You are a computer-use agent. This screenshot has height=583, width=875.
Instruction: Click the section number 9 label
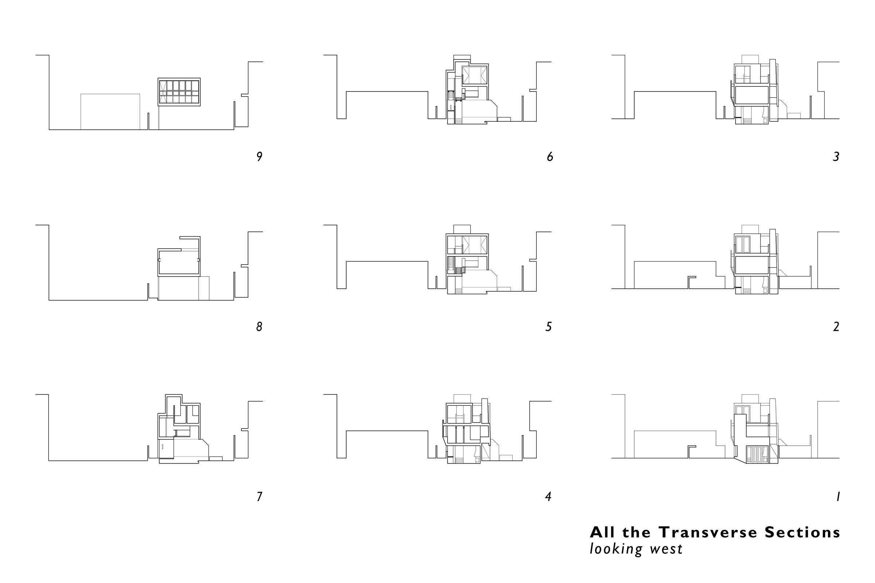tap(259, 157)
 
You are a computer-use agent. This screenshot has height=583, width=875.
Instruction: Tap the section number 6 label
tap(550, 157)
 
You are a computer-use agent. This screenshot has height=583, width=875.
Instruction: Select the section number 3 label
tap(836, 157)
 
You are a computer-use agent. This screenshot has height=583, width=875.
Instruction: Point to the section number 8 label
tap(259, 326)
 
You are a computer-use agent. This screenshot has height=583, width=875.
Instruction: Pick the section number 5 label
tap(548, 326)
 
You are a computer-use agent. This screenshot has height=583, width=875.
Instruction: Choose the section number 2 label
tap(836, 326)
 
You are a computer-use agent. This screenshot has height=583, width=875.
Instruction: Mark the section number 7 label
tap(259, 496)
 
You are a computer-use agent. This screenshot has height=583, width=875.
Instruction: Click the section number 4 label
tap(548, 496)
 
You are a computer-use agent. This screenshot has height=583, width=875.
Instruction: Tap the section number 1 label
tap(838, 496)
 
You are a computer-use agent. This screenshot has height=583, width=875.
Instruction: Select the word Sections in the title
tap(802, 532)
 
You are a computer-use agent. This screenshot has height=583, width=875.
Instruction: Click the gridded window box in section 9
tap(179, 92)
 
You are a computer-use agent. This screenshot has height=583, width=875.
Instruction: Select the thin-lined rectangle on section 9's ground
tap(110, 111)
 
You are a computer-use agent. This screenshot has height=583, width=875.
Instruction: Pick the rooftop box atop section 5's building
tap(462, 229)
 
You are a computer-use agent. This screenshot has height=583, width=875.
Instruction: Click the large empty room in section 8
tap(179, 262)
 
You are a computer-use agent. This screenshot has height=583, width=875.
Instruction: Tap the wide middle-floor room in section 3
tap(751, 95)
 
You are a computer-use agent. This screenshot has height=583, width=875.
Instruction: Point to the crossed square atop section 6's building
tap(474, 75)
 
